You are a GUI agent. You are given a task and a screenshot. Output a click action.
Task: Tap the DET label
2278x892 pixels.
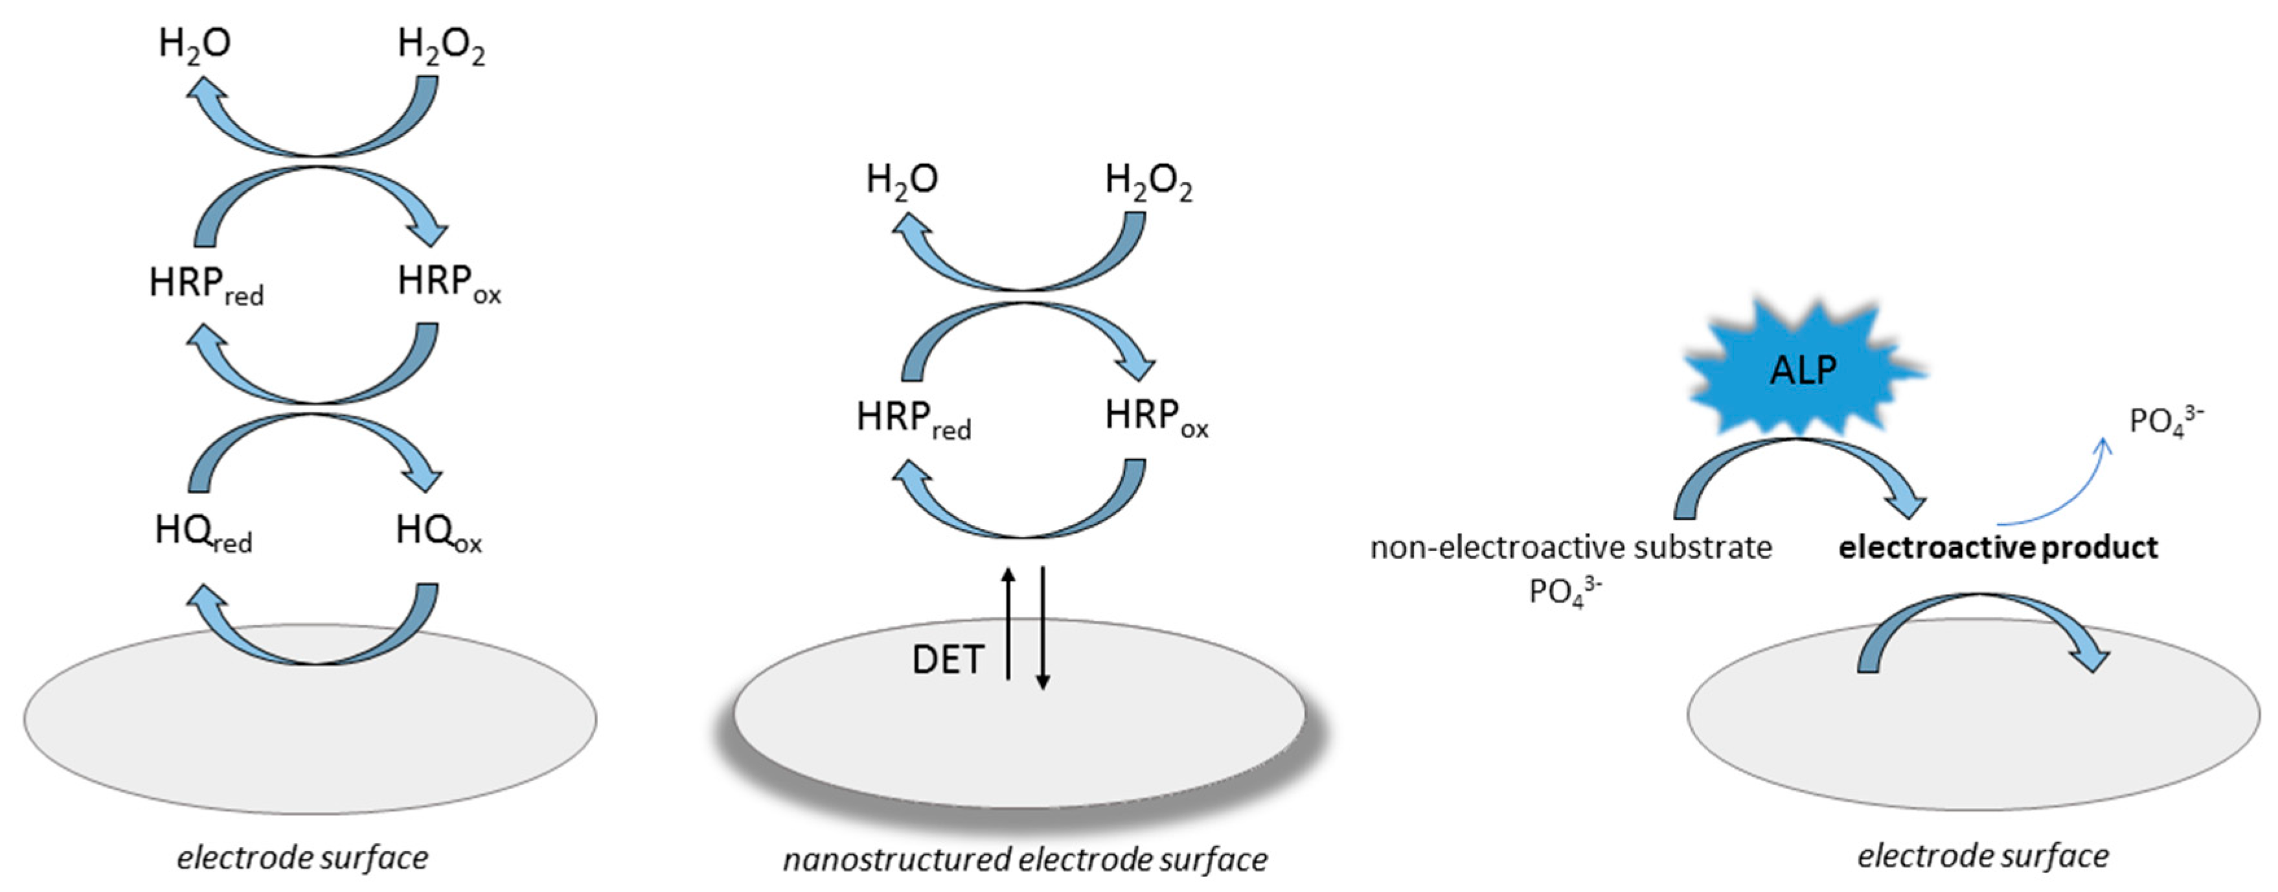coord(947,660)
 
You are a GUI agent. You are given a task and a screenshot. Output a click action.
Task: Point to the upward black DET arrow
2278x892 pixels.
coord(1008,624)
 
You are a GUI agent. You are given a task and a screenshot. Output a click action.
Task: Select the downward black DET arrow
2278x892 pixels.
coord(1043,628)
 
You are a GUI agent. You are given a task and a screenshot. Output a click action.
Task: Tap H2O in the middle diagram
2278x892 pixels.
coord(901,180)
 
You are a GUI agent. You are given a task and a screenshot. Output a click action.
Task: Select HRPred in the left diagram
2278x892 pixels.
coord(206,285)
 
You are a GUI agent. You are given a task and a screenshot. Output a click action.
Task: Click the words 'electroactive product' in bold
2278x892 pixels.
coord(1998,548)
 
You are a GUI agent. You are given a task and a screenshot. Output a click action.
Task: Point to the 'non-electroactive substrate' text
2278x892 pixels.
coord(1571,548)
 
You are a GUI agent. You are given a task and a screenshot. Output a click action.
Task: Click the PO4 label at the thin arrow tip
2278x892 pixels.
coord(2165,419)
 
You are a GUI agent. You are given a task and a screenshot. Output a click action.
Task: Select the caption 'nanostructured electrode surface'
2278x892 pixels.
coord(1025,859)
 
